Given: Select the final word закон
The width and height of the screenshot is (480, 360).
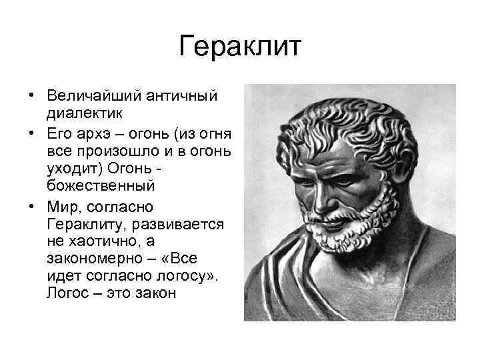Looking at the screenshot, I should pos(155,292).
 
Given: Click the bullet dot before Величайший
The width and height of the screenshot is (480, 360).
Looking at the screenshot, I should pos(32,95).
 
